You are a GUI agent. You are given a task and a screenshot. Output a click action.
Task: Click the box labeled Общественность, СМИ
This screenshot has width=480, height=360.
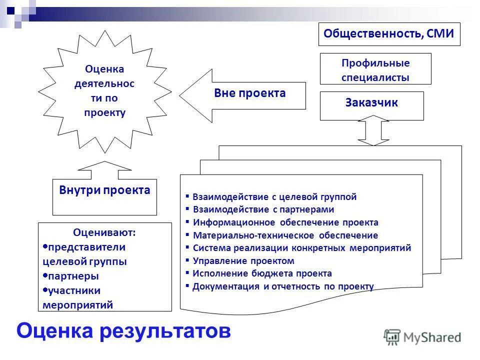point(389,34)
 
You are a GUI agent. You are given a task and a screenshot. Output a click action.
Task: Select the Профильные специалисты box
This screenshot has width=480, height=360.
point(375,70)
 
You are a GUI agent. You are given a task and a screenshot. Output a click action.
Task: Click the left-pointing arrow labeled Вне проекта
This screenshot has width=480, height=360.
point(242,95)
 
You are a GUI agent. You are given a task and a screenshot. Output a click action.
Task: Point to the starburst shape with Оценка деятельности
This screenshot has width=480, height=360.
point(104,90)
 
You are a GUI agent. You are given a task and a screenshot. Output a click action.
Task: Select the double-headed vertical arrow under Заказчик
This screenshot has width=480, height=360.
point(373,130)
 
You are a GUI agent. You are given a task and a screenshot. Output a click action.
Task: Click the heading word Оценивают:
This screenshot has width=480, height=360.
point(104,232)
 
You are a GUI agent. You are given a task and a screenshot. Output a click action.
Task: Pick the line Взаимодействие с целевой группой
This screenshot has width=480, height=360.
point(274,197)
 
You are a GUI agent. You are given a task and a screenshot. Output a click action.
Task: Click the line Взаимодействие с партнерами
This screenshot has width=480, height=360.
point(263,209)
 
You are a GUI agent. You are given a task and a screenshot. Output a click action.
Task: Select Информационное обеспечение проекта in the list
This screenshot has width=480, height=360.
point(285,222)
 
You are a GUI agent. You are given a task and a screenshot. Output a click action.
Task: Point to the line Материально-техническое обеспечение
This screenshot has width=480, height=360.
point(285,235)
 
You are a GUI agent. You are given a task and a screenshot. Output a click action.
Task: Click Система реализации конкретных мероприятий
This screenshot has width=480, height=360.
point(301,248)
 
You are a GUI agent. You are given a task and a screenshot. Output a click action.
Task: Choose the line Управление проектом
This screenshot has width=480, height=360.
point(243,261)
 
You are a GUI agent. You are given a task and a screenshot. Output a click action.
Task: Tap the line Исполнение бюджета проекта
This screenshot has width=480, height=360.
point(262,273)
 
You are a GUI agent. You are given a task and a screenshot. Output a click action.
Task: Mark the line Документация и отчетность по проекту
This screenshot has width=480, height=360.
point(283,286)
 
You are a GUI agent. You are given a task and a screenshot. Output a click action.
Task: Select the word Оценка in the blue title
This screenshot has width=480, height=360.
point(55,330)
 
